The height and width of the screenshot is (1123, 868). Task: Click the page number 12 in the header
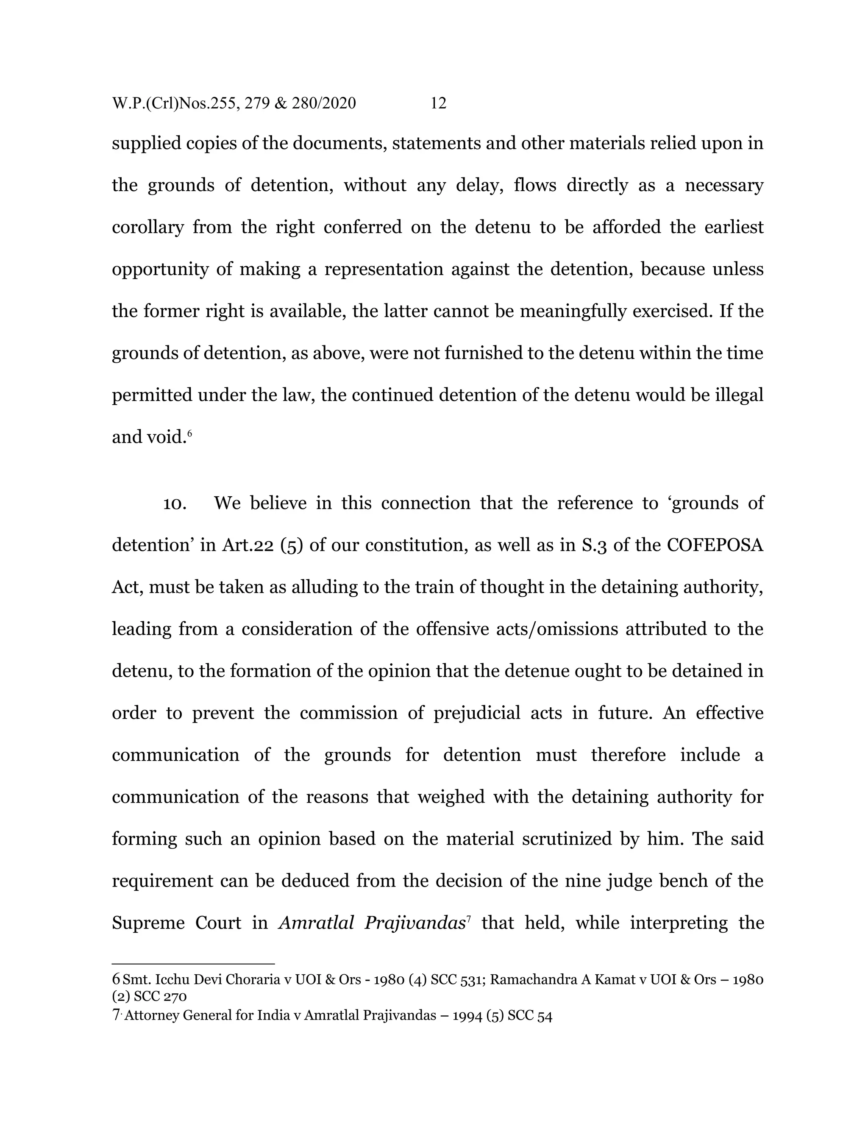(x=438, y=103)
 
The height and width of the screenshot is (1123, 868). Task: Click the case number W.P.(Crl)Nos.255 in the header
(x=176, y=103)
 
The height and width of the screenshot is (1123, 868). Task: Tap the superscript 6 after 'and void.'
(x=190, y=434)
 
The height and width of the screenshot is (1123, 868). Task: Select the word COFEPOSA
(x=715, y=545)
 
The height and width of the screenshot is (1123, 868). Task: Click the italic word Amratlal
(x=316, y=923)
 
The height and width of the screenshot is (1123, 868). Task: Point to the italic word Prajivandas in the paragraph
(x=415, y=923)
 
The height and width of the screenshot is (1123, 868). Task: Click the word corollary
(x=147, y=227)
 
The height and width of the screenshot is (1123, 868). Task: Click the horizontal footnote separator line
(x=193, y=964)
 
